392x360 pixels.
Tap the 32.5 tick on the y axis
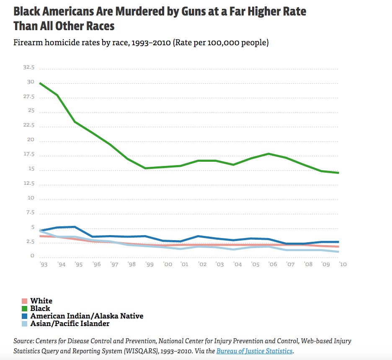29,67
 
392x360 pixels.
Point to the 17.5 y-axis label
29,155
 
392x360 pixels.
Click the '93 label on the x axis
43,265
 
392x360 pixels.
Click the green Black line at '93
40,83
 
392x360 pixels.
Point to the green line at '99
145,168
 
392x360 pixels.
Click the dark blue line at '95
75,227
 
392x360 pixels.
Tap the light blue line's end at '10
338,251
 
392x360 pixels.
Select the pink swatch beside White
25,301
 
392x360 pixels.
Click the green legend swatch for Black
25,308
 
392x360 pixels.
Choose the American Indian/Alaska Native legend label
87,316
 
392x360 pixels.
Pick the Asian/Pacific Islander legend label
70,324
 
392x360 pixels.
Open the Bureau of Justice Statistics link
254,351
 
